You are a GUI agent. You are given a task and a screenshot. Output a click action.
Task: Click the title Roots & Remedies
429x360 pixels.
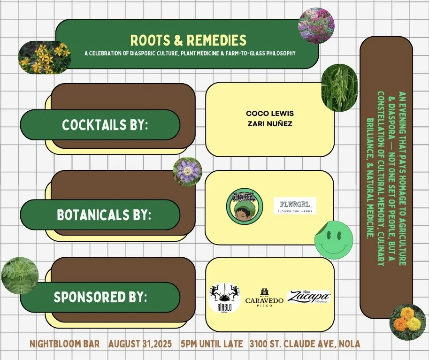pyautogui.click(x=188, y=40)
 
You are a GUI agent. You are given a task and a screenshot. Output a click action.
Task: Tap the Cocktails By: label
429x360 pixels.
pyautogui.click(x=105, y=125)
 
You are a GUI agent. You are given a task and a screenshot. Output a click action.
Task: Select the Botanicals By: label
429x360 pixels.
pyautogui.click(x=104, y=215)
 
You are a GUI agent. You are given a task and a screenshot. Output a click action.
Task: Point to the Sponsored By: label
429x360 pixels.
pyautogui.click(x=100, y=297)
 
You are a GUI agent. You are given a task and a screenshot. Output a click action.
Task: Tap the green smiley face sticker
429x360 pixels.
pyautogui.click(x=333, y=239)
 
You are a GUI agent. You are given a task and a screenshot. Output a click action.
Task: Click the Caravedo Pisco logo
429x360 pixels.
pyautogui.click(x=264, y=297)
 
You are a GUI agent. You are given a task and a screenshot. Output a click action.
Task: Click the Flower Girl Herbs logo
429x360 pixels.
pyautogui.click(x=295, y=206)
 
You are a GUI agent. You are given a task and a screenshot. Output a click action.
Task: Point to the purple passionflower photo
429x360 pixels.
pyautogui.click(x=187, y=171)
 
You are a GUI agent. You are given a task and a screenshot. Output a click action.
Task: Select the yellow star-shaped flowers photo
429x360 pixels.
pyautogui.click(x=44, y=57)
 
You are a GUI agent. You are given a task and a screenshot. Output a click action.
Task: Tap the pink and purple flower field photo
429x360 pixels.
pyautogui.click(x=316, y=25)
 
